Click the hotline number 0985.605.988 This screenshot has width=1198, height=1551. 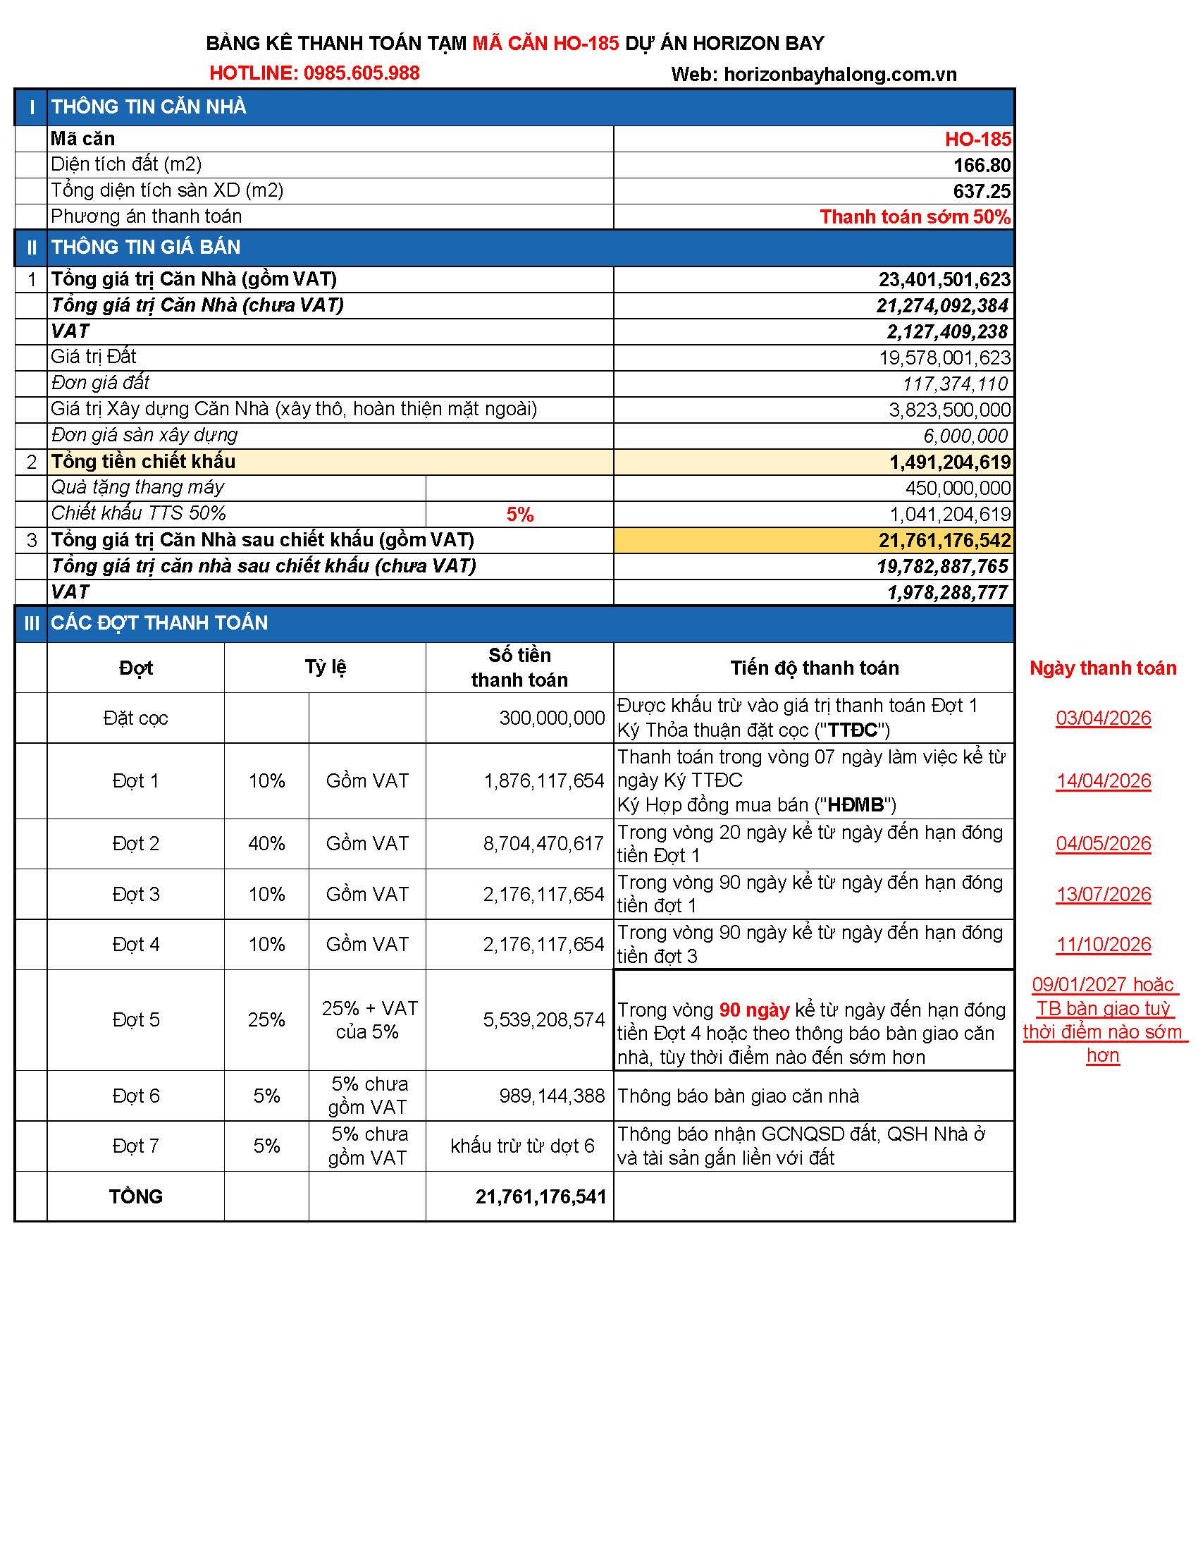pos(362,73)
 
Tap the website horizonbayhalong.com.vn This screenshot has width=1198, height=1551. pos(839,75)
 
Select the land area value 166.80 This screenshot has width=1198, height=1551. pos(982,166)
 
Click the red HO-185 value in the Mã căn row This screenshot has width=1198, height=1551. pos(977,139)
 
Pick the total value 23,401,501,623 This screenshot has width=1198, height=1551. pos(944,280)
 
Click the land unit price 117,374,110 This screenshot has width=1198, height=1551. pos(955,384)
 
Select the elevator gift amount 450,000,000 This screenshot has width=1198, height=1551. pos(958,489)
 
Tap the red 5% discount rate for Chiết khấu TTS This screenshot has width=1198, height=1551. pos(519,515)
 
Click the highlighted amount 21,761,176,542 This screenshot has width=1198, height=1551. pos(944,541)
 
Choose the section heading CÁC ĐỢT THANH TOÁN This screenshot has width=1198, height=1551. pos(159,623)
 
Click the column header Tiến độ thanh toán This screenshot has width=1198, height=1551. pos(814,668)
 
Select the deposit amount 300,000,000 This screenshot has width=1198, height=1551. pos(552,718)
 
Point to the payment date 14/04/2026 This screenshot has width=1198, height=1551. pos(1103,781)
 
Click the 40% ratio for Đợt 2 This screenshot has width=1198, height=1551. pos(266,844)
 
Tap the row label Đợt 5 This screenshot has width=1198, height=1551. pos(135,1020)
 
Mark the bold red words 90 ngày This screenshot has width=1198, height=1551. pos(754,1010)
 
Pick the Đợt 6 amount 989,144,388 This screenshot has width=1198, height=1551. pos(552,1096)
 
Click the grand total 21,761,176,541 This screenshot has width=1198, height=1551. pos(540,1196)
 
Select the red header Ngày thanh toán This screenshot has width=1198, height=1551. pos(1102,668)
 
